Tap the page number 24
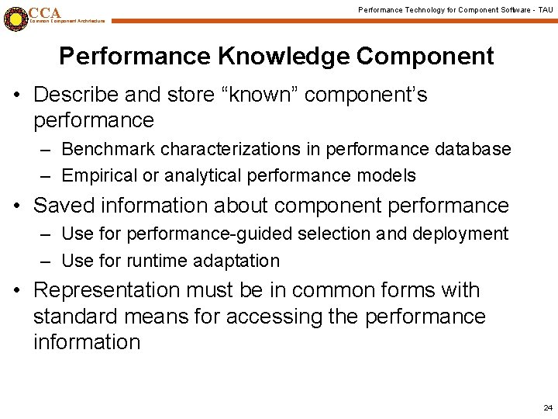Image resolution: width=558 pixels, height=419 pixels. click(548, 407)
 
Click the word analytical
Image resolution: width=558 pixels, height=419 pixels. click(205, 175)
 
